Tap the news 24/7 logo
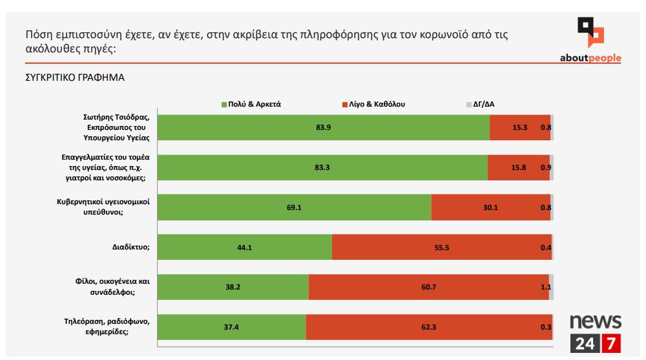[595, 334]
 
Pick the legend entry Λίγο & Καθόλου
[373, 103]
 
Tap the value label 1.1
[545, 287]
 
